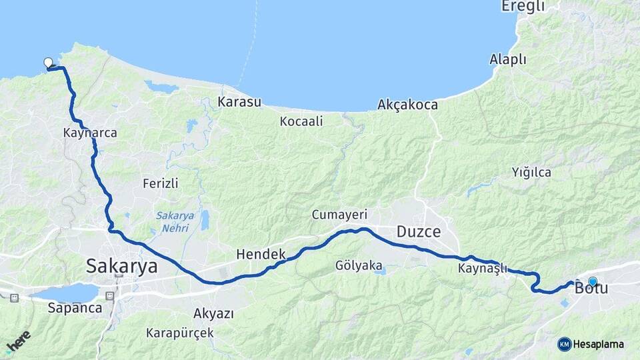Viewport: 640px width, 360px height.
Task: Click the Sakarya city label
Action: click(122, 267)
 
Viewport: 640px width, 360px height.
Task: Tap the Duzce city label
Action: click(419, 232)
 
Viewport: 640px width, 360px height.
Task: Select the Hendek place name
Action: click(261, 254)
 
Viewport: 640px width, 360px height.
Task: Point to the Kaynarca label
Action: click(90, 133)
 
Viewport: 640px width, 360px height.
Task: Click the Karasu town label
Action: click(239, 102)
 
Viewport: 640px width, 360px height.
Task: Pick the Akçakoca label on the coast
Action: click(407, 105)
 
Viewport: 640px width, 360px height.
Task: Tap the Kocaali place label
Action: click(301, 121)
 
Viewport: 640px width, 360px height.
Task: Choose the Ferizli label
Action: click(161, 183)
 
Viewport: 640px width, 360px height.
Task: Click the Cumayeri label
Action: click(340, 215)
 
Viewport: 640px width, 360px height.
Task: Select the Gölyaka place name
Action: click(360, 265)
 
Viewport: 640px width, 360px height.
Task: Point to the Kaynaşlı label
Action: click(483, 269)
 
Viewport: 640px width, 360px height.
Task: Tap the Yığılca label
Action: click(531, 172)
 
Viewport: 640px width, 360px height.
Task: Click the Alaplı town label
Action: click(508, 59)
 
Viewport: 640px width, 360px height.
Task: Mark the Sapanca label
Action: click(75, 308)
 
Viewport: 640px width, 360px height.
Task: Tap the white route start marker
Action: click(48, 63)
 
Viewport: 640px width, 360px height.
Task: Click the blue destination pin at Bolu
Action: click(592, 281)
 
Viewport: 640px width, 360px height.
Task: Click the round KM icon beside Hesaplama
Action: click(564, 344)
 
